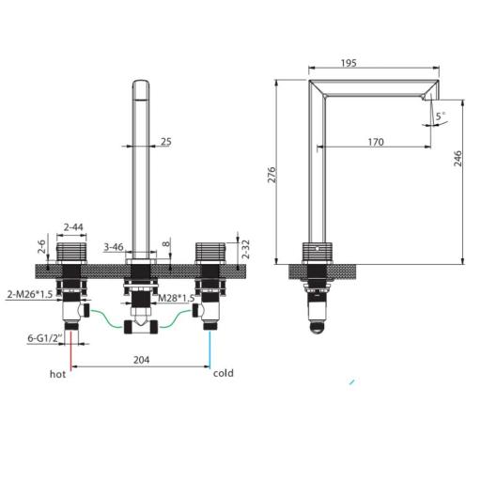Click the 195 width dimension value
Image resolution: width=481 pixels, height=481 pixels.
349,63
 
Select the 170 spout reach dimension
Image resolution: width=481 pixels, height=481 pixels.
376,142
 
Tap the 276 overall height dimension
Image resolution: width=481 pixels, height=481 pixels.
272,175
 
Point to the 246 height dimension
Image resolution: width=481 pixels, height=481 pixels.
458,159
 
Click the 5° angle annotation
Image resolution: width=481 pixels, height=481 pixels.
440,116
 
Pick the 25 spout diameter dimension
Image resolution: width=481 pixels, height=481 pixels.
166,142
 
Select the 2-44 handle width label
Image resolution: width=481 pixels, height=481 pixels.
73,226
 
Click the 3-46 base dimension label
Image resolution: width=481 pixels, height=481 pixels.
114,247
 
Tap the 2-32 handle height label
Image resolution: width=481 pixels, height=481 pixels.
246,249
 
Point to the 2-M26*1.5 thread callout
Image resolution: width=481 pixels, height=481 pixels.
30,294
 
